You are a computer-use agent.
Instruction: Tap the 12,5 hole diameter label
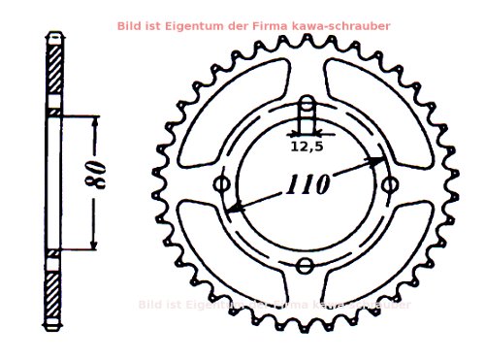click(307, 148)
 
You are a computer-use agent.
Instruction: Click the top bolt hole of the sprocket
click(307, 103)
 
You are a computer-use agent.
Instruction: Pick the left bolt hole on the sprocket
click(222, 184)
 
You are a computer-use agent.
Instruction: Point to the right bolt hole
click(390, 184)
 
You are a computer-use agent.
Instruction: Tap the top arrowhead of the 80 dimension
click(94, 121)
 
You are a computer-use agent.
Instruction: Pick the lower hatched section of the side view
click(56, 287)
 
